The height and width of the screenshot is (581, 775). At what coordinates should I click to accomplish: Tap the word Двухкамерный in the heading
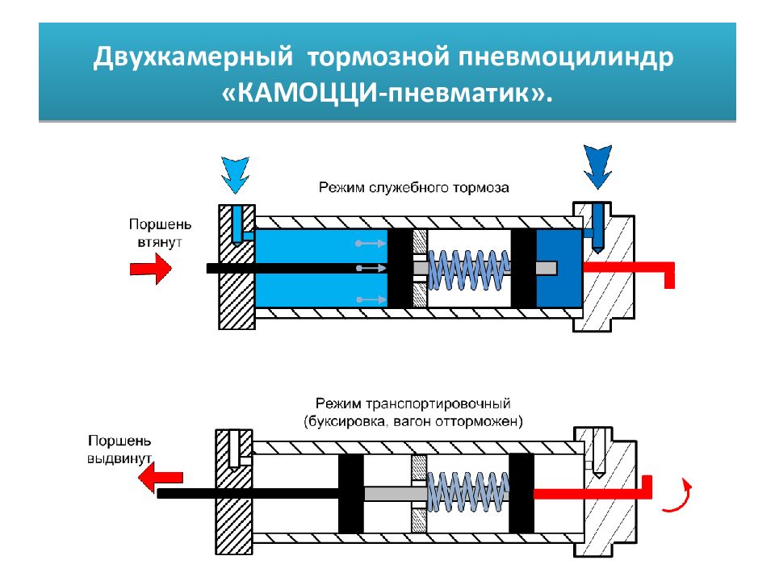(193, 56)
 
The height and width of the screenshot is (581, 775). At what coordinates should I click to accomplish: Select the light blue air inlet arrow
(235, 175)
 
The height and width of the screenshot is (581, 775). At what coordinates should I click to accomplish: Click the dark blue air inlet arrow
(597, 166)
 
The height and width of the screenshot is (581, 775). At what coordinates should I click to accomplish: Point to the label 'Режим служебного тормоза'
(413, 188)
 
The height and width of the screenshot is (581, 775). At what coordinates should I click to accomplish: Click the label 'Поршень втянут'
(160, 233)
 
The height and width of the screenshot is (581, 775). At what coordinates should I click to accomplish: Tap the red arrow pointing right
(151, 268)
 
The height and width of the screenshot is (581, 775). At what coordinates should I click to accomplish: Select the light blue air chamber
(321, 267)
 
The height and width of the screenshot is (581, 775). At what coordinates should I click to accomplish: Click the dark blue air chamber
(559, 267)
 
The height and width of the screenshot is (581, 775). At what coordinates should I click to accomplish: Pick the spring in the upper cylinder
(468, 270)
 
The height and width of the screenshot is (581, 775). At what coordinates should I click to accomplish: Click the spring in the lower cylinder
(467, 491)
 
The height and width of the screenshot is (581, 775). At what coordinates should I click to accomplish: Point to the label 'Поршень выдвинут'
(119, 449)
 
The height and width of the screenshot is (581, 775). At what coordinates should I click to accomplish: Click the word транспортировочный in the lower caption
(438, 403)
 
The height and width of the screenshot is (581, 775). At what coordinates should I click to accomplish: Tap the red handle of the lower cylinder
(593, 489)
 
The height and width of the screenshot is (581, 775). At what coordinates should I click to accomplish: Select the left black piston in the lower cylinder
(351, 493)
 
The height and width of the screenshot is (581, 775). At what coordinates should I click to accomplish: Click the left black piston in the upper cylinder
(400, 268)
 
